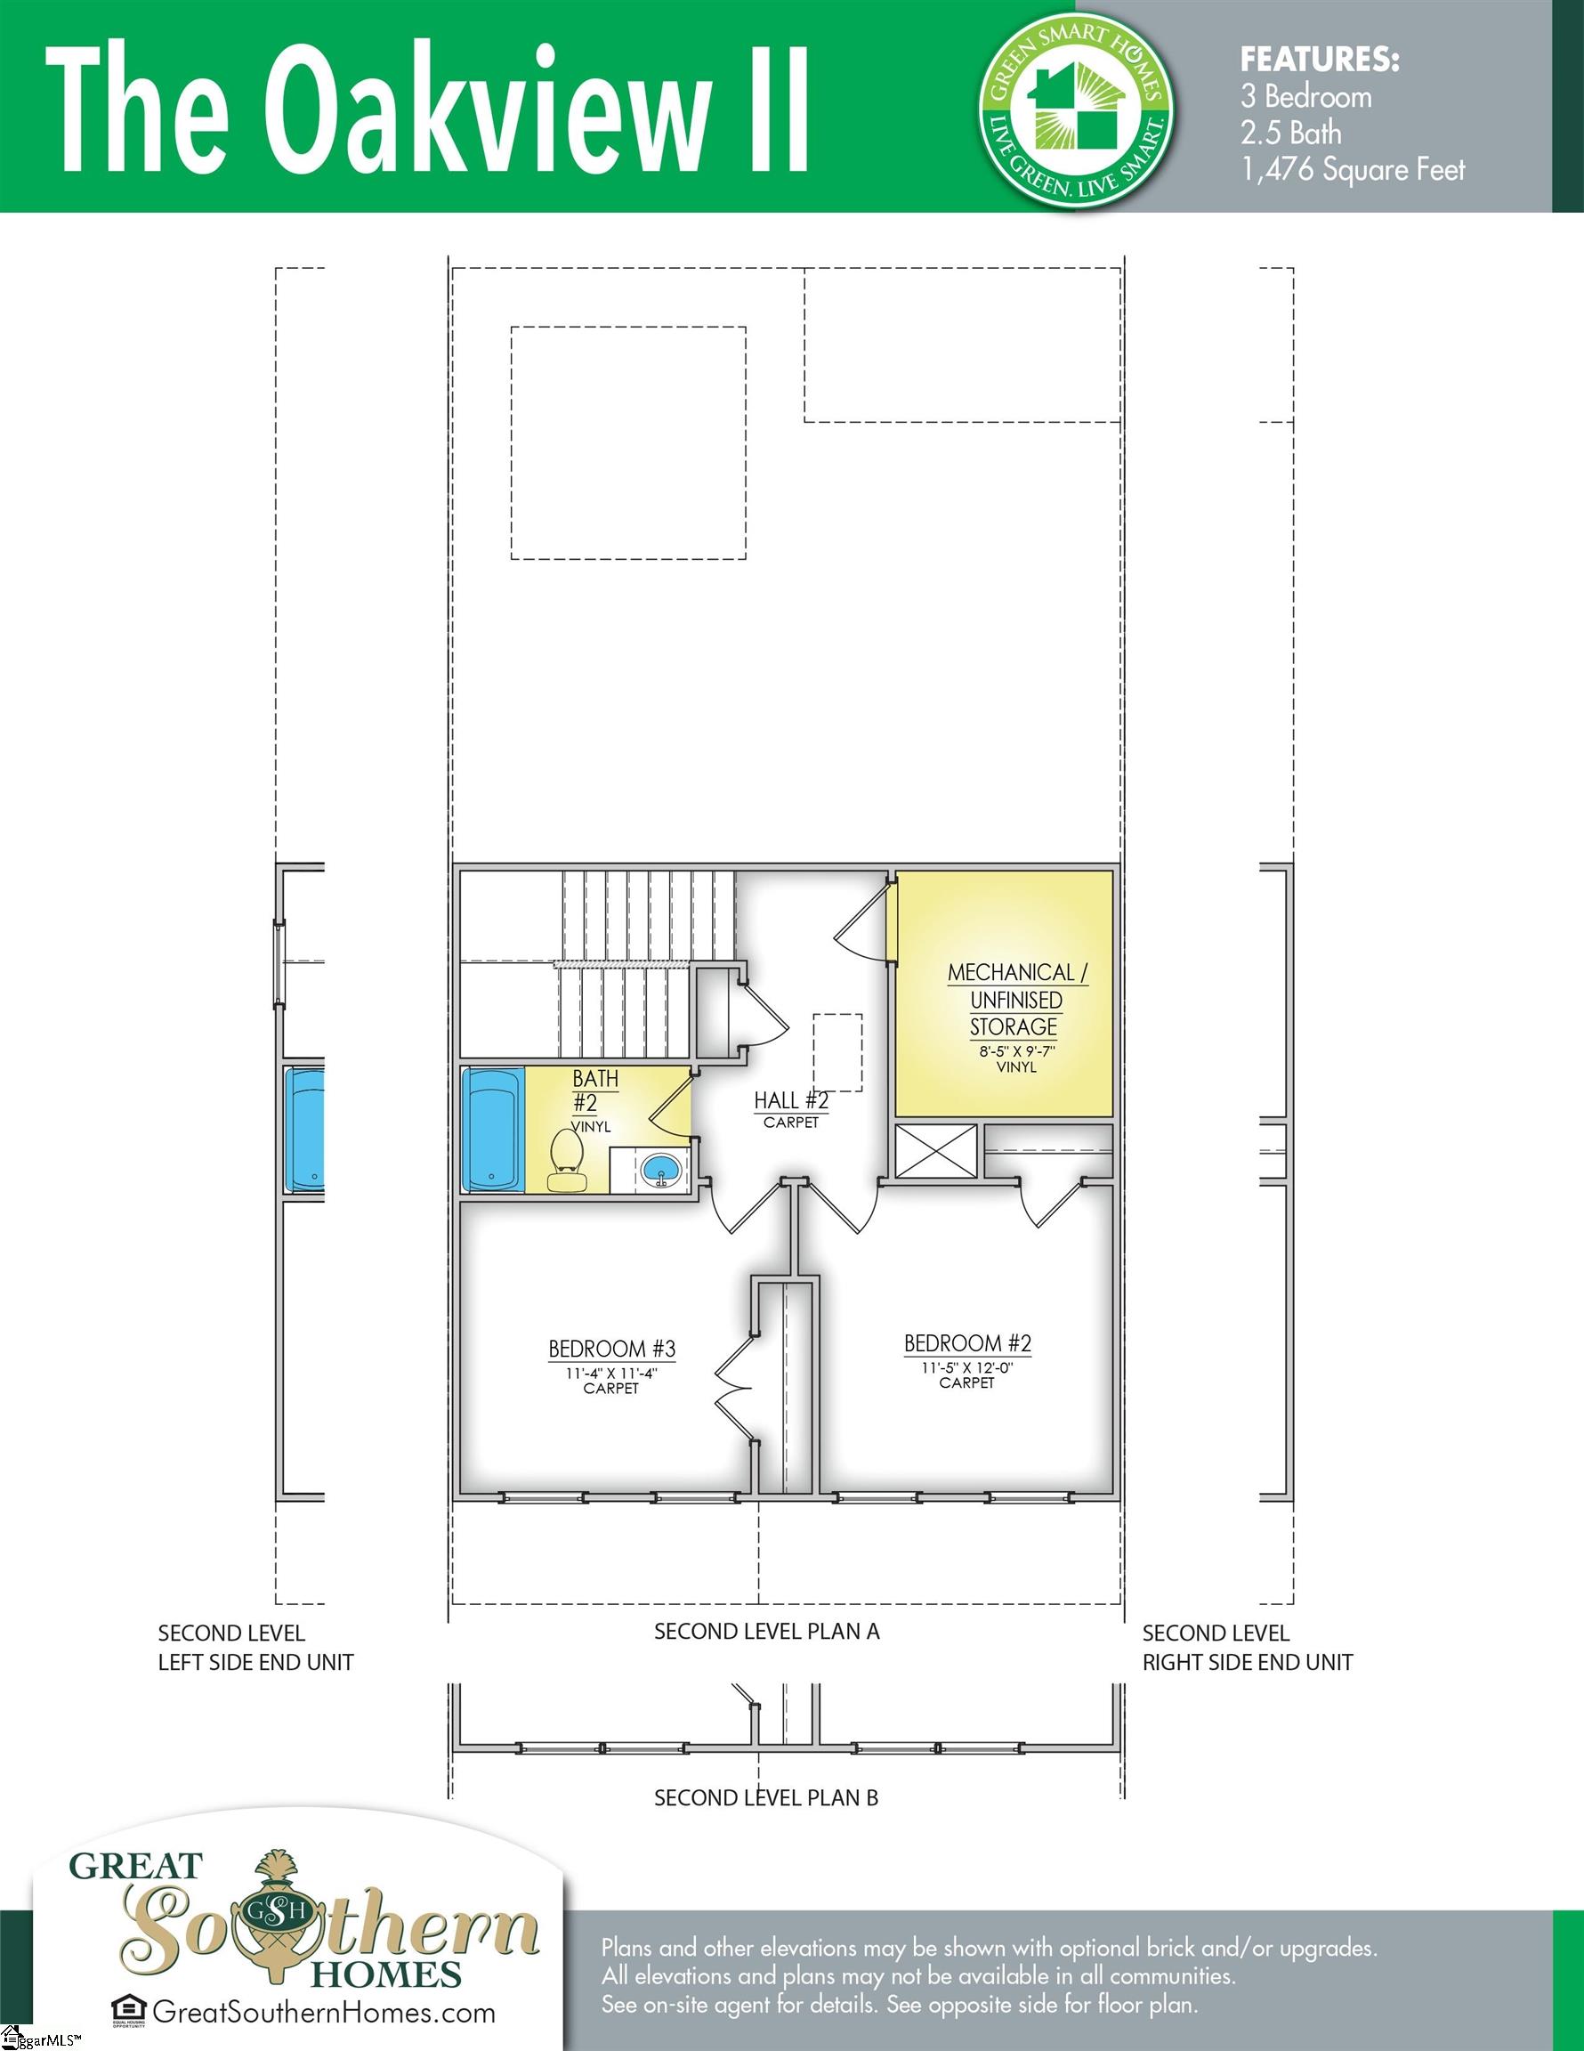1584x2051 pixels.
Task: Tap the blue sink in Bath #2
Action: [661, 1170]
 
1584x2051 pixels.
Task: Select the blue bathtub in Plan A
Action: [493, 1130]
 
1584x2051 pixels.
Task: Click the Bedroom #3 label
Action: [611, 1350]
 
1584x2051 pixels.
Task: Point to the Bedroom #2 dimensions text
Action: [966, 1367]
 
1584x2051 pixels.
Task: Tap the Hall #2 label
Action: [790, 1100]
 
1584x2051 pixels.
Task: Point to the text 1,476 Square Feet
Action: [1352, 170]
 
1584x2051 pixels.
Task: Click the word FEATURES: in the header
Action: [1319, 61]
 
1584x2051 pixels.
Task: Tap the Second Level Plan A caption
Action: [766, 1631]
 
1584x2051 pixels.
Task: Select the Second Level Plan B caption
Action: [766, 1797]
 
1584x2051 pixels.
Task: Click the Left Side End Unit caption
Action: [255, 1662]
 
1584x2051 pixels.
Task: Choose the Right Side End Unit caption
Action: [1246, 1662]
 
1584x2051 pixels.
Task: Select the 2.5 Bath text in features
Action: [1290, 134]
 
